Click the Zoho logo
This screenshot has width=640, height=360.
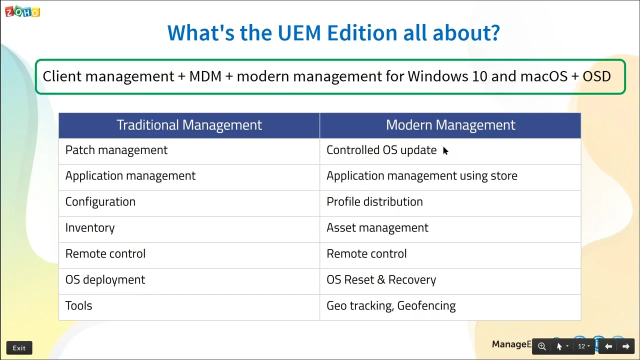[x=22, y=11]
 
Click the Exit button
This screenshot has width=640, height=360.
[x=19, y=348]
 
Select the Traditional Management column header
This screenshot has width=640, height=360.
[x=189, y=125]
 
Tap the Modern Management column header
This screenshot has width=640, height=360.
[x=450, y=125]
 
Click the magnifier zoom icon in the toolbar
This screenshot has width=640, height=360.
[x=541, y=346]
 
